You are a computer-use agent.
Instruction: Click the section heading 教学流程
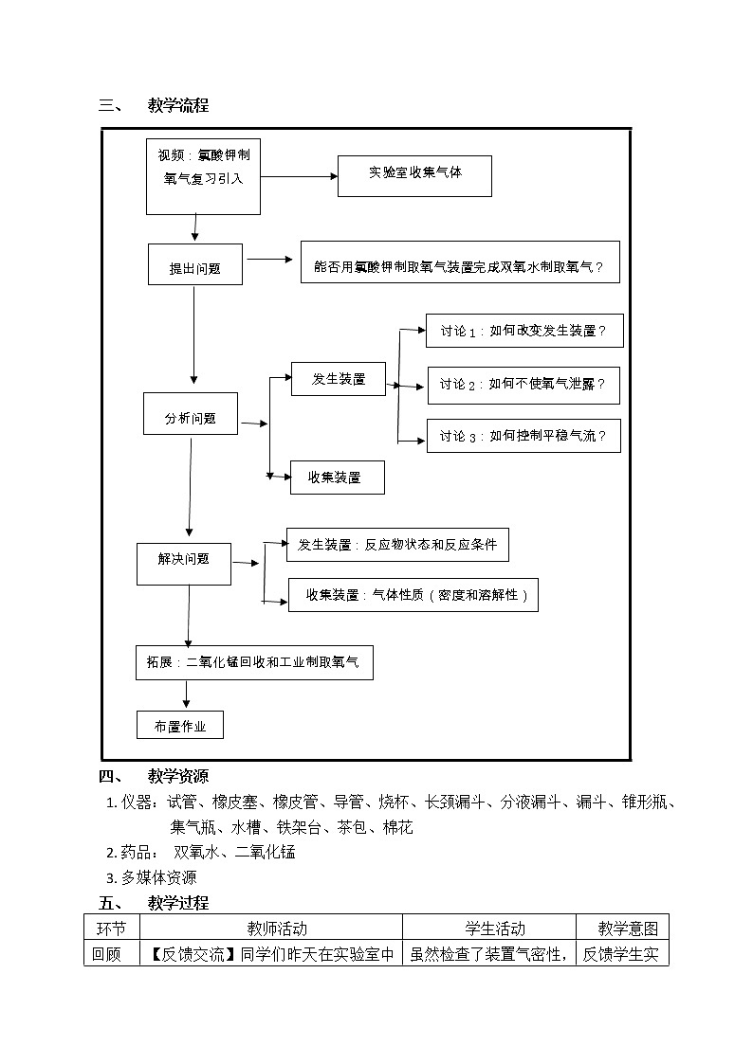point(177,105)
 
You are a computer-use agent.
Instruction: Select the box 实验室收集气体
point(414,175)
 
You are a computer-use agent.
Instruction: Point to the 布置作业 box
point(180,726)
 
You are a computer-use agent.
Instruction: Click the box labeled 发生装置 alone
point(339,378)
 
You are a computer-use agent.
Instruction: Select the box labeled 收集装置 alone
point(337,478)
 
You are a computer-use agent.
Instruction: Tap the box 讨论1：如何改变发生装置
point(523,331)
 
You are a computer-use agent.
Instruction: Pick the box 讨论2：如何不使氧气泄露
point(523,385)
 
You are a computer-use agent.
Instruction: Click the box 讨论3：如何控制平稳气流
point(523,436)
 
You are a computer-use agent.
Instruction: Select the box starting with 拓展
point(253,662)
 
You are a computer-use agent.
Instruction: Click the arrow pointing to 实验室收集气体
point(299,176)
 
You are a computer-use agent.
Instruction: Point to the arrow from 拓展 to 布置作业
point(186,694)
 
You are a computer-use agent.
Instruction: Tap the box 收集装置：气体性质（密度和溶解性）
point(413,595)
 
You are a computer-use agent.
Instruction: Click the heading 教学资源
point(177,777)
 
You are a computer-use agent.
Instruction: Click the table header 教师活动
point(277,928)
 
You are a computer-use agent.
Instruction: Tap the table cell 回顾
point(107,953)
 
